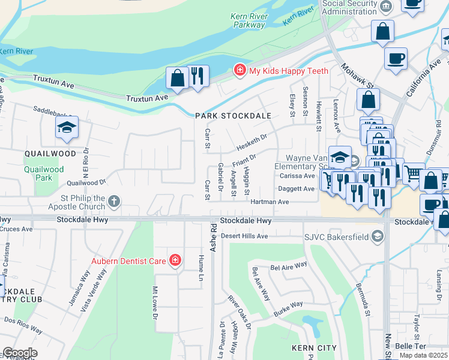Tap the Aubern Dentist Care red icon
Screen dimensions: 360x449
[175, 260]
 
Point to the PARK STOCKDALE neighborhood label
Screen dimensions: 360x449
[233, 116]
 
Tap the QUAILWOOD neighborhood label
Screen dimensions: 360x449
[50, 154]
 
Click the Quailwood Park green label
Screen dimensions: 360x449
[44, 173]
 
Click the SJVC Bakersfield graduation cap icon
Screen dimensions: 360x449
[377, 236]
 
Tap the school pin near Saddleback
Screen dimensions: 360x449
[67, 126]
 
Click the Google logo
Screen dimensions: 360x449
[19, 353]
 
